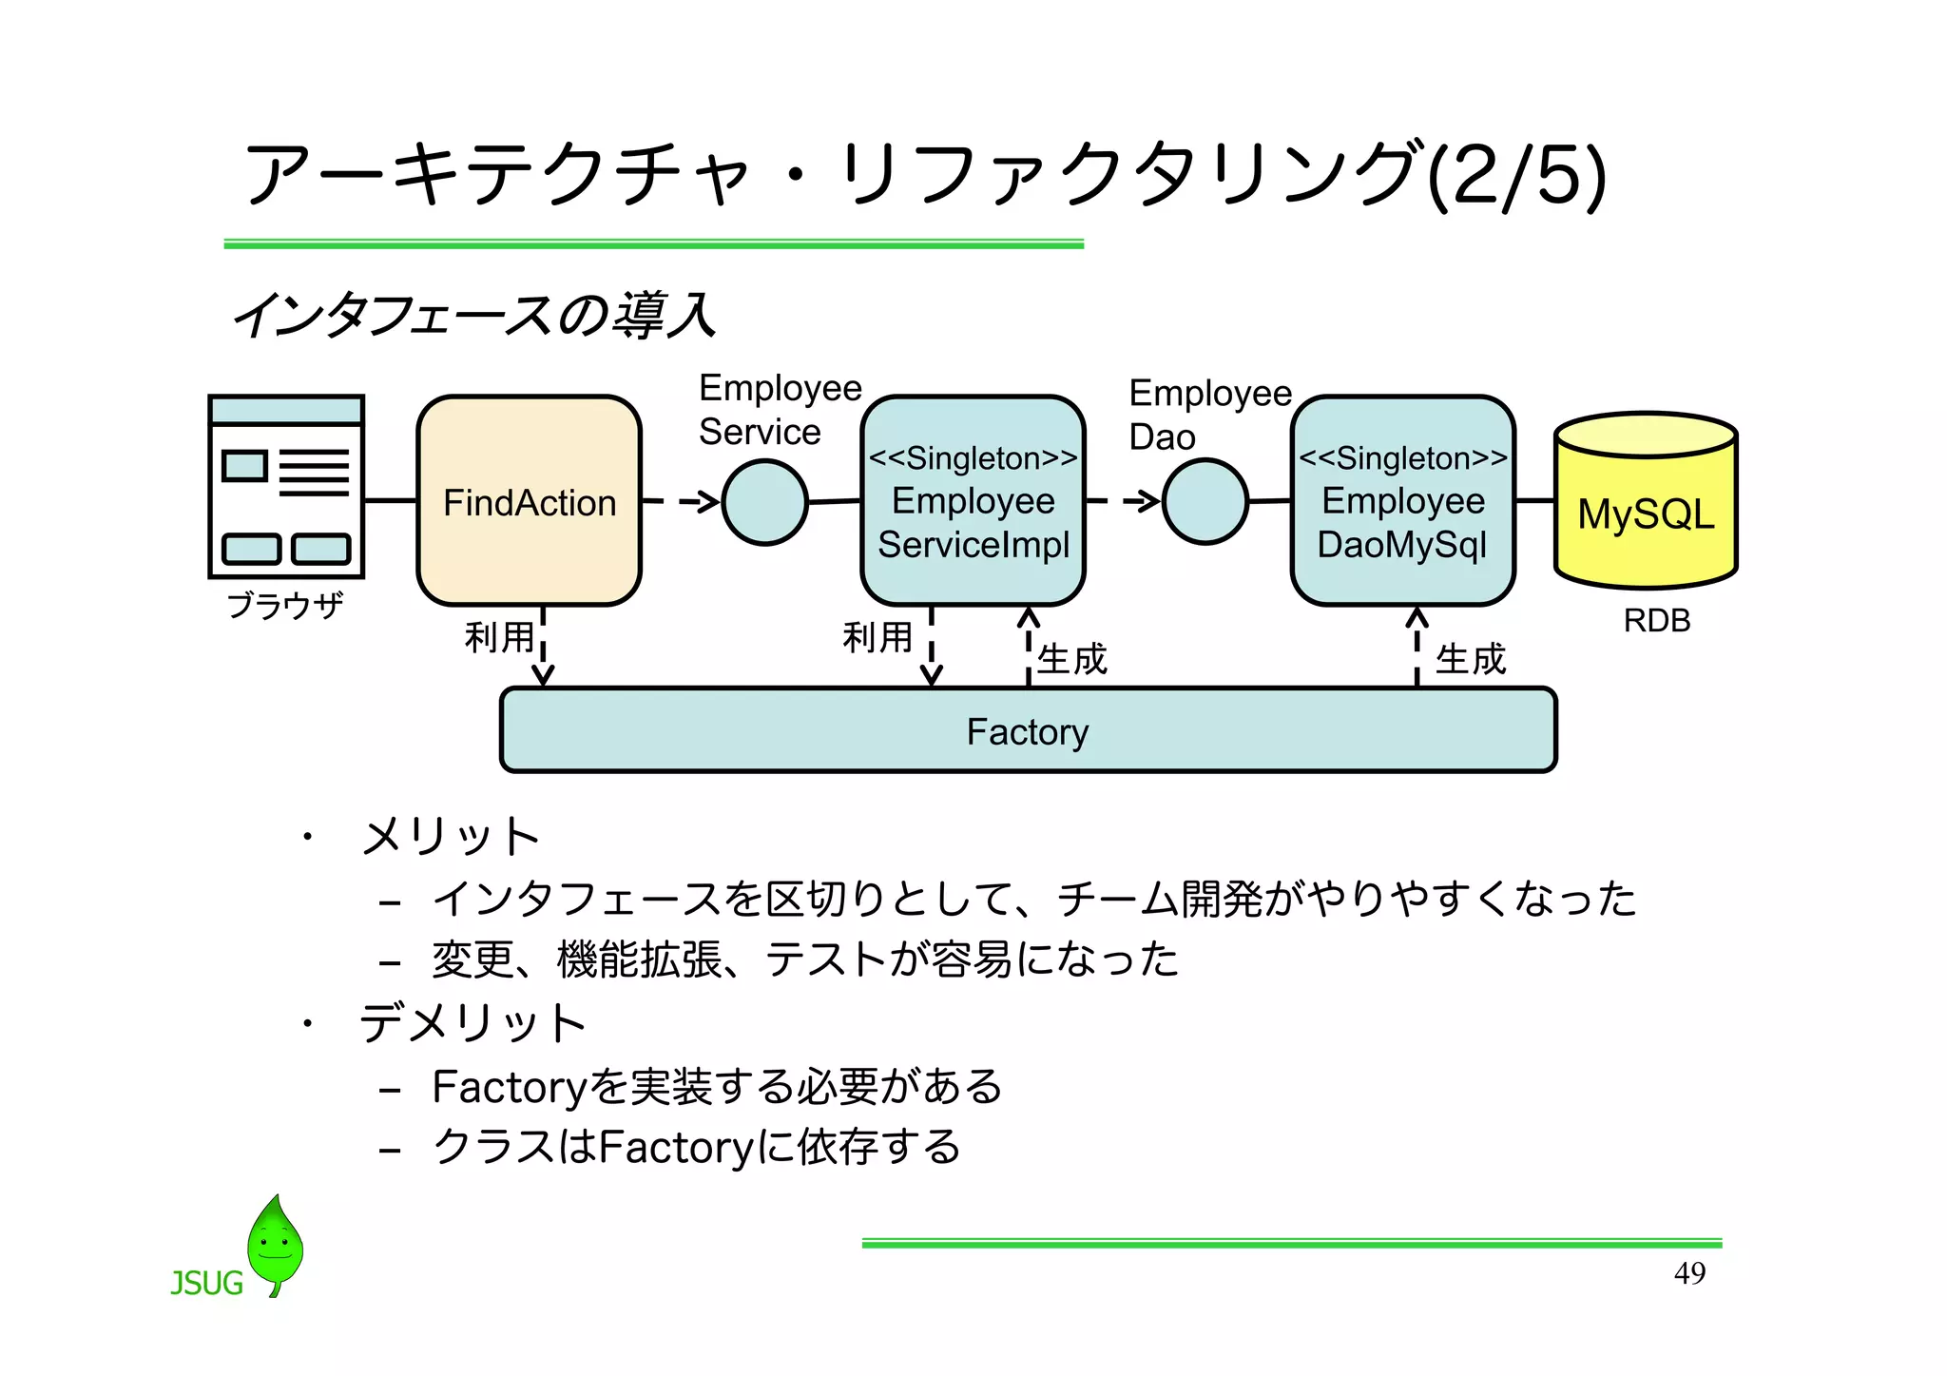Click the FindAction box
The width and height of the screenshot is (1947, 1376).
529,501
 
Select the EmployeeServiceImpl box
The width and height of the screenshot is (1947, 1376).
973,501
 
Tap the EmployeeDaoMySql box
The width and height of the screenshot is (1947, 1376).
1402,501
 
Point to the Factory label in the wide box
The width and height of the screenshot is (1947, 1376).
1027,731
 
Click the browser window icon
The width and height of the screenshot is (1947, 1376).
286,486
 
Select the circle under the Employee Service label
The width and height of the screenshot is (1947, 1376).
764,502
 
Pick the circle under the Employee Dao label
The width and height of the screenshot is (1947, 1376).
1205,502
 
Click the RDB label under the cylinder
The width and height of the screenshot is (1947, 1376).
1656,620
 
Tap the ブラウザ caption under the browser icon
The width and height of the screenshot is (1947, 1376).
285,606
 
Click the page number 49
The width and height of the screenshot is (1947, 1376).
1689,1272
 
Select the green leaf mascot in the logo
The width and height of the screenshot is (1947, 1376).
275,1244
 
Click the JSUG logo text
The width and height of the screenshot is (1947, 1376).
206,1283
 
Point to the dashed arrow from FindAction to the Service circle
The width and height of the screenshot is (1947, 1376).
682,501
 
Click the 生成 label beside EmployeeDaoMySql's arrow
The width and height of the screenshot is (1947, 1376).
1470,659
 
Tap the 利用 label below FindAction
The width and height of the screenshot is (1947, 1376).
499,636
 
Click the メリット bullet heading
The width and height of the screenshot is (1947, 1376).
450,836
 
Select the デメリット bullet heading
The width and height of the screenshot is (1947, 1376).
472,1024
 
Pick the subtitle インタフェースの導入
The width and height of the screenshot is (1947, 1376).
472,316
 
